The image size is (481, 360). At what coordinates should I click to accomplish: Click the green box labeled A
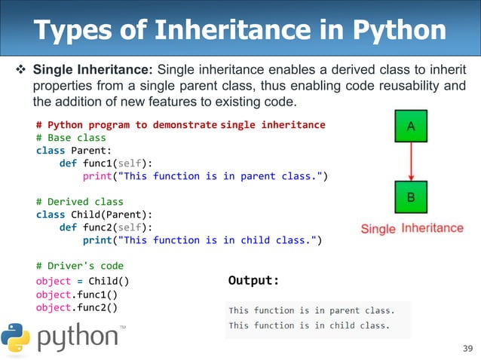coord(410,127)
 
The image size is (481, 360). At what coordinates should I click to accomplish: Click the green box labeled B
coord(410,197)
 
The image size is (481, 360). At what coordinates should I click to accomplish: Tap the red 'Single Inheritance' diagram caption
coord(412,228)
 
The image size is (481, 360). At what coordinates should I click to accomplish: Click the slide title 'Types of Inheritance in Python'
coord(240,31)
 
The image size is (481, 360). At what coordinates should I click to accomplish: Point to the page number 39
coord(465,347)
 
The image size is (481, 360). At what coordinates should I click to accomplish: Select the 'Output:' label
coord(253,281)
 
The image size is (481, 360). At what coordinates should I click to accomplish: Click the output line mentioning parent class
coord(311,310)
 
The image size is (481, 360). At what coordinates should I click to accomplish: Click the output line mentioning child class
coord(309,325)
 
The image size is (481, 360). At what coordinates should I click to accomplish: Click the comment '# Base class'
coord(71,138)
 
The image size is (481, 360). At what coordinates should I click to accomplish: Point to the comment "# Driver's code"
coord(79,266)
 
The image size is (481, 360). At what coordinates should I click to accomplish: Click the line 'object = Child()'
coord(82,281)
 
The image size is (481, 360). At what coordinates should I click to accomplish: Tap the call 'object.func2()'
coord(76,307)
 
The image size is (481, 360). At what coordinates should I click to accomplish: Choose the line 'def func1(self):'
coord(106,163)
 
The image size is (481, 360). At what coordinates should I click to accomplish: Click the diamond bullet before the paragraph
coord(21,70)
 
